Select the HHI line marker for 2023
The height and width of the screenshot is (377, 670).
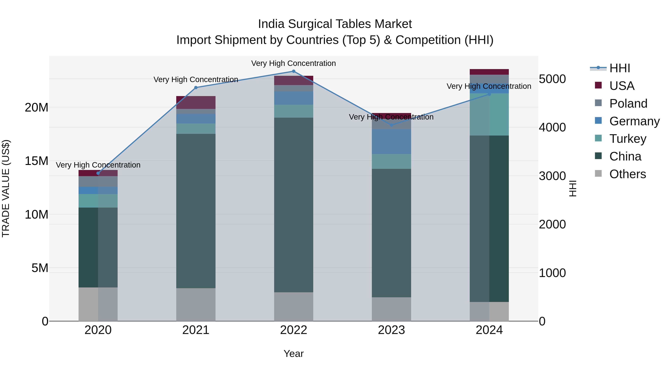(x=391, y=125)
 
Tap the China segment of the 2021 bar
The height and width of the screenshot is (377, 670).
(x=196, y=211)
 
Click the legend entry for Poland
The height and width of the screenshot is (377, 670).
(x=628, y=104)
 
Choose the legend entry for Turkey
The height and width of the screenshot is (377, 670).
(x=627, y=139)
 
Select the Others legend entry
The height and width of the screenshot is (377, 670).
(x=627, y=174)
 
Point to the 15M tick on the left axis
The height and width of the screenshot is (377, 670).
(x=36, y=161)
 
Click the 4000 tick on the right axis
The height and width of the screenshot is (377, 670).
(x=552, y=128)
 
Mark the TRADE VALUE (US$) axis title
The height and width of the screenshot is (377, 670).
(x=6, y=188)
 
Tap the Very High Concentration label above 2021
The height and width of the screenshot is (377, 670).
(x=196, y=79)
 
